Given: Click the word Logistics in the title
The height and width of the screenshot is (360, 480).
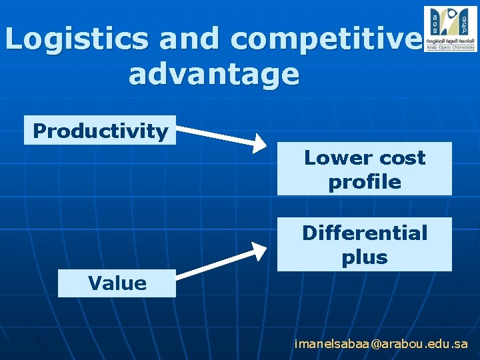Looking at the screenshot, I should click(x=77, y=39).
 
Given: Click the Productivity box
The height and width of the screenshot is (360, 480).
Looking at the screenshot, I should click(x=100, y=131).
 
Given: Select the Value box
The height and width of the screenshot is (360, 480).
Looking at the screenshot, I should click(x=117, y=283).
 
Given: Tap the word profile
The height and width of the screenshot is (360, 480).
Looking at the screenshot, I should click(x=365, y=182).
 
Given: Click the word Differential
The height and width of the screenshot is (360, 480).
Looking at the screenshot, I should click(x=365, y=233).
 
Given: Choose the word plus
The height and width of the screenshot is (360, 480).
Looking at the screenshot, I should click(x=365, y=257).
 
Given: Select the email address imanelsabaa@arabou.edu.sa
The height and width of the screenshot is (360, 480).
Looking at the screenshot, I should click(x=381, y=344).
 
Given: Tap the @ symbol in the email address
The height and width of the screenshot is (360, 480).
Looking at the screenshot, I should click(x=378, y=344).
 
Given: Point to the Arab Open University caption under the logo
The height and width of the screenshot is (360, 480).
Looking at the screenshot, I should click(x=450, y=48).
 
